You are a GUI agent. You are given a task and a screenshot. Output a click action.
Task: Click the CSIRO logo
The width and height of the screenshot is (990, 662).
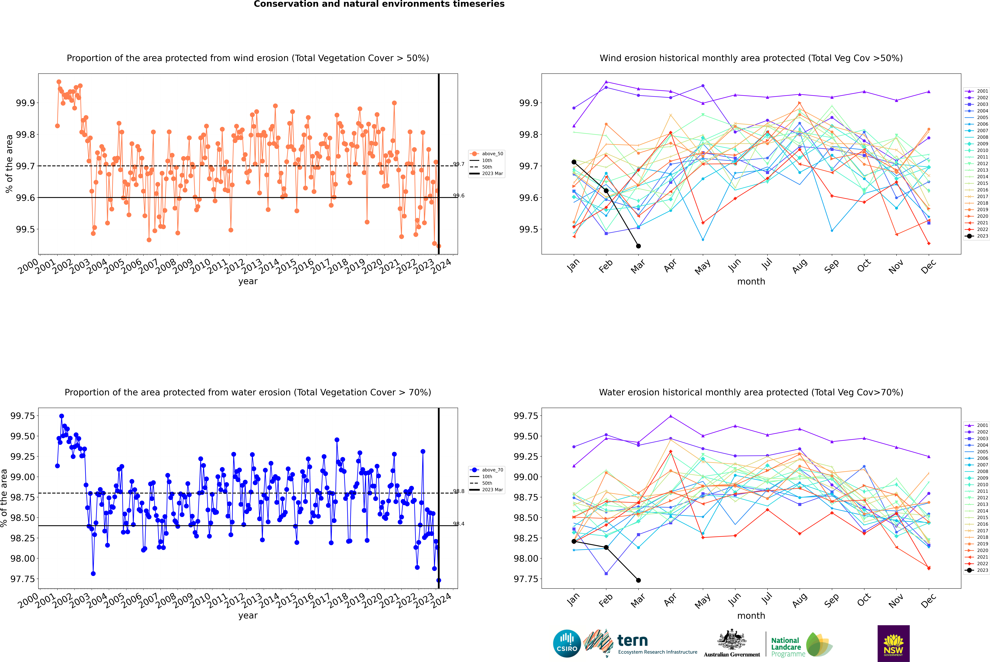tap(567, 643)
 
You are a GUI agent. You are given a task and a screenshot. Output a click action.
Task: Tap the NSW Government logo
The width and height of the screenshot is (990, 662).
tap(893, 643)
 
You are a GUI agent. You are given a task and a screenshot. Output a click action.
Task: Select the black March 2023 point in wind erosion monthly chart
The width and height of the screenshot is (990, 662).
tap(638, 246)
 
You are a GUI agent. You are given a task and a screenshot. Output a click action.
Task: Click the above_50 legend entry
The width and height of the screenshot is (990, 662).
tap(487, 154)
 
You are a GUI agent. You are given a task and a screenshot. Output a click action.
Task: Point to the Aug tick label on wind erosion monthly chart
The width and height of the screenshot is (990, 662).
tap(800, 266)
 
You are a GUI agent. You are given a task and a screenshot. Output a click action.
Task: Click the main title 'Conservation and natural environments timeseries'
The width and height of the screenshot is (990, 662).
tap(379, 4)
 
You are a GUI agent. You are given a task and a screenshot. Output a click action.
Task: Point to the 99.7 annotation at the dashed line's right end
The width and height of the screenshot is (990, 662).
tap(459, 164)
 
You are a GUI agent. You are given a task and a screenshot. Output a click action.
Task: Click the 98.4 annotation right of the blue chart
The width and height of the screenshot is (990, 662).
tap(459, 524)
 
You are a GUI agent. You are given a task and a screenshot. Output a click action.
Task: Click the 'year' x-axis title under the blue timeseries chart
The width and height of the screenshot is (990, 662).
tap(248, 616)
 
